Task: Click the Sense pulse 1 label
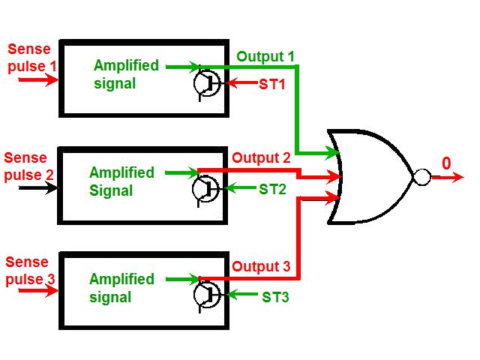[30, 58]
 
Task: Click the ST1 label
[272, 85]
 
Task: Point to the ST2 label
[272, 190]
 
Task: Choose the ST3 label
[275, 297]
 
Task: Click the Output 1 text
[265, 56]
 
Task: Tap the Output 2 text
[261, 158]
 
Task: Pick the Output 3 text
[261, 266]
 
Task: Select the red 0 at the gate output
[447, 163]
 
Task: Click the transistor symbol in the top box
[205, 84]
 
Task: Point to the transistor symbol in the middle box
[205, 189]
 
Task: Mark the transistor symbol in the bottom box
[205, 295]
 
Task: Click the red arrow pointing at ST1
[238, 84]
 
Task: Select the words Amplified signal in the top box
[126, 74]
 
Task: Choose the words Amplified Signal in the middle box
[121, 181]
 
